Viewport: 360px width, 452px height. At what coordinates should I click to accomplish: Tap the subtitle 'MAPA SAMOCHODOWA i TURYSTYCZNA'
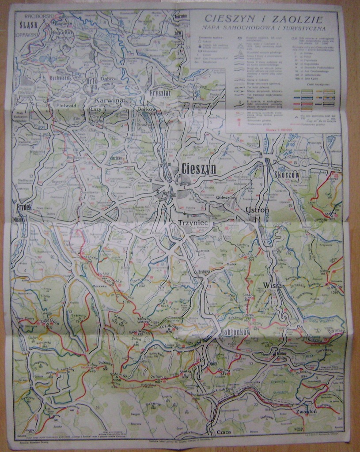263,28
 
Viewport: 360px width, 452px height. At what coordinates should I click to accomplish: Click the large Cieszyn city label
198,168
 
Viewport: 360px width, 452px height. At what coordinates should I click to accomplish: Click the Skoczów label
287,175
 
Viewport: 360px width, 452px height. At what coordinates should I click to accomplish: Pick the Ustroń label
257,210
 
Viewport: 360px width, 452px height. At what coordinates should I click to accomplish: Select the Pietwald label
68,105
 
